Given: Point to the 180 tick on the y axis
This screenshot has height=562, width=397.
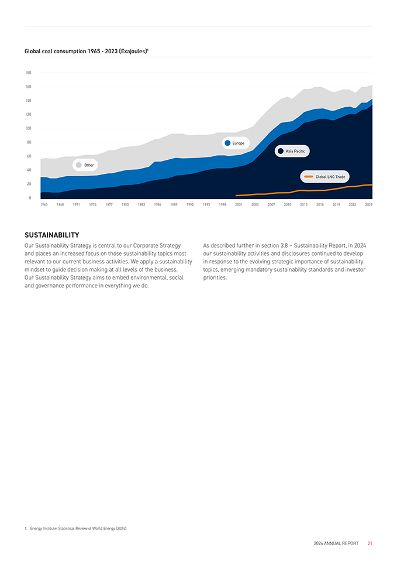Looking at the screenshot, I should coord(28,73).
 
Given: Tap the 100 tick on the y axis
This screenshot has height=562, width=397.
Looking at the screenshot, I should coord(28,128).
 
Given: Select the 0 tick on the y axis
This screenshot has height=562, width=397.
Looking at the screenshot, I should coord(29,198).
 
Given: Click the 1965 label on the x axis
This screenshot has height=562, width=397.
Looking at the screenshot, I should coord(44,204).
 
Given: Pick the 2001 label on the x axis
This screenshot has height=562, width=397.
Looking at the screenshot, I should coord(239,204).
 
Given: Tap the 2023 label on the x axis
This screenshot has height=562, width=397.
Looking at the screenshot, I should coord(368,204).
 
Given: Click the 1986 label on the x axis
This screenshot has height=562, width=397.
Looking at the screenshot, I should coord(157,204).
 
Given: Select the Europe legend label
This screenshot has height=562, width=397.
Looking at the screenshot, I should coord(238,143).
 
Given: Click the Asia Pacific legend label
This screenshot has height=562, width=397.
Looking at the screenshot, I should coord(295,151).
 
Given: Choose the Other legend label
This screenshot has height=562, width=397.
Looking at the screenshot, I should coord(89,165).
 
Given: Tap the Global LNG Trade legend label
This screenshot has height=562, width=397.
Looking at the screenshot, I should coord(330,176).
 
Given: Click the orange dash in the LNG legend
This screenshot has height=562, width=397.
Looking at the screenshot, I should coord(309,176).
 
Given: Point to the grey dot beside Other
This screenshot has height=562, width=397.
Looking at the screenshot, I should coord(78,165).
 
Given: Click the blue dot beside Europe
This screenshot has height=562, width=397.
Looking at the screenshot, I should coord(227,143).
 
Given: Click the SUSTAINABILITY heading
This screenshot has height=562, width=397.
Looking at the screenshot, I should coord(52,235).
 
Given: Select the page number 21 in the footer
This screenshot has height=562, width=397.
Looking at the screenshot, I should coord(370,543).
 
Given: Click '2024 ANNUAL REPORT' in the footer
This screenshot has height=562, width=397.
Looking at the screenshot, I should coord(336,543).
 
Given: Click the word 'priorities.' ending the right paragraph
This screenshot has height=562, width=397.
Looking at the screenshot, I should coord(215,278).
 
